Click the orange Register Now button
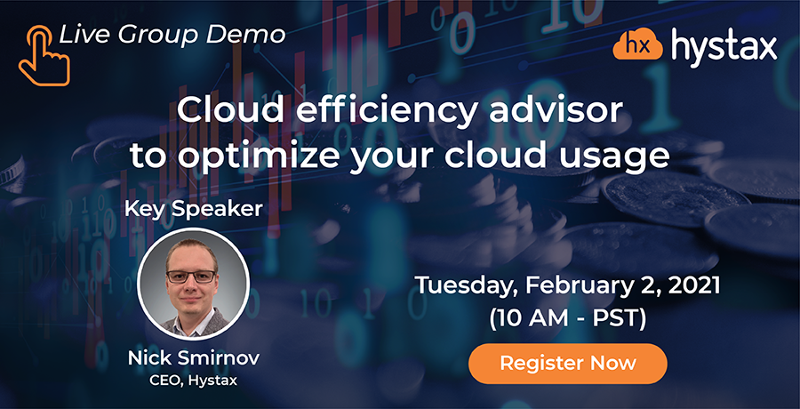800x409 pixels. click(x=568, y=364)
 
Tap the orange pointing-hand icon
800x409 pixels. click(x=44, y=56)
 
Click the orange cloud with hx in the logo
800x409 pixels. click(x=637, y=46)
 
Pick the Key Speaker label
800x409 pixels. click(x=194, y=209)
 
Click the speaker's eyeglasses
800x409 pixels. click(x=191, y=277)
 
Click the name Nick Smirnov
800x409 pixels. click(x=194, y=358)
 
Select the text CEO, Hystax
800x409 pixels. click(x=194, y=381)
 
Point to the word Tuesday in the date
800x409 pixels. click(x=463, y=286)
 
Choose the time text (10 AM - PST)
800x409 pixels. click(x=567, y=318)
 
